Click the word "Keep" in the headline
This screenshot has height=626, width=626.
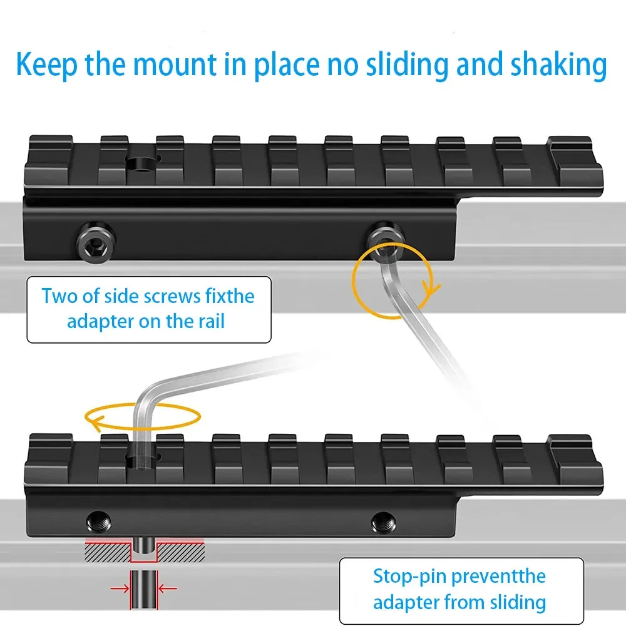pos(47,64)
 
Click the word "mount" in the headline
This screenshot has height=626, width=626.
pos(175,64)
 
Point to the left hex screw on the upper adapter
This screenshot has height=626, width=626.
pos(96,242)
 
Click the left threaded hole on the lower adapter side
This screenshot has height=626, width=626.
pos(99,522)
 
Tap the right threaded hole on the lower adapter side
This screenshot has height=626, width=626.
pos(383,522)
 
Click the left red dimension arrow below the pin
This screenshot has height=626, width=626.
pos(120,588)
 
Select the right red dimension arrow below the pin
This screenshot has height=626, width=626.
pos(168,588)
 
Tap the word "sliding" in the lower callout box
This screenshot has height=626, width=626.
pos(518,602)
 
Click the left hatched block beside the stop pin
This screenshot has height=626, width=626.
pos(108,552)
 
